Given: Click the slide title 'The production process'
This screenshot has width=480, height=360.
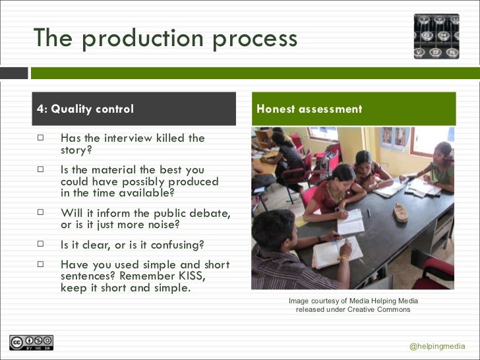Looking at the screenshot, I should coord(165,38).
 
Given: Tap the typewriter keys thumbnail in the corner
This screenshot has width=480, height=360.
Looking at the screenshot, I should coord(436,36).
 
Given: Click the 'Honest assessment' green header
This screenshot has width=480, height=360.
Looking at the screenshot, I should coord(309,109).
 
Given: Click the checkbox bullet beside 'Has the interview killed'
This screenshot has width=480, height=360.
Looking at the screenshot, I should coord(40,138).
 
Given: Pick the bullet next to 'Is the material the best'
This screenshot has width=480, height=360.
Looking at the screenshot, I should coord(40,169).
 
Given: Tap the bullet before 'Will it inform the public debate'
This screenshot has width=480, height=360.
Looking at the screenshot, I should coord(40,212).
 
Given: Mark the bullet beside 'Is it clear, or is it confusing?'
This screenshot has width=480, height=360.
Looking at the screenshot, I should coord(40,244).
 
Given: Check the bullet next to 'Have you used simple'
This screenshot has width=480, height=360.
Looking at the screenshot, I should coord(40,264).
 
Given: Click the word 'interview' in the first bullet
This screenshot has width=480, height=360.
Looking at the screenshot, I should coord(129,138).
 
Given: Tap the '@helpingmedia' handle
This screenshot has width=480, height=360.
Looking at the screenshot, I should coord(436,346).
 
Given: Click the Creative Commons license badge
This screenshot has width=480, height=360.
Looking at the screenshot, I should coord(31,343).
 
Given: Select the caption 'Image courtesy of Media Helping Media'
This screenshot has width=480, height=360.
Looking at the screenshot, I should coord(353,301).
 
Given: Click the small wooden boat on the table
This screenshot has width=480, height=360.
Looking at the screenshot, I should coord(400,212).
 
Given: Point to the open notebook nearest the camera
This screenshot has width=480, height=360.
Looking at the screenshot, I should coord(336,254).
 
